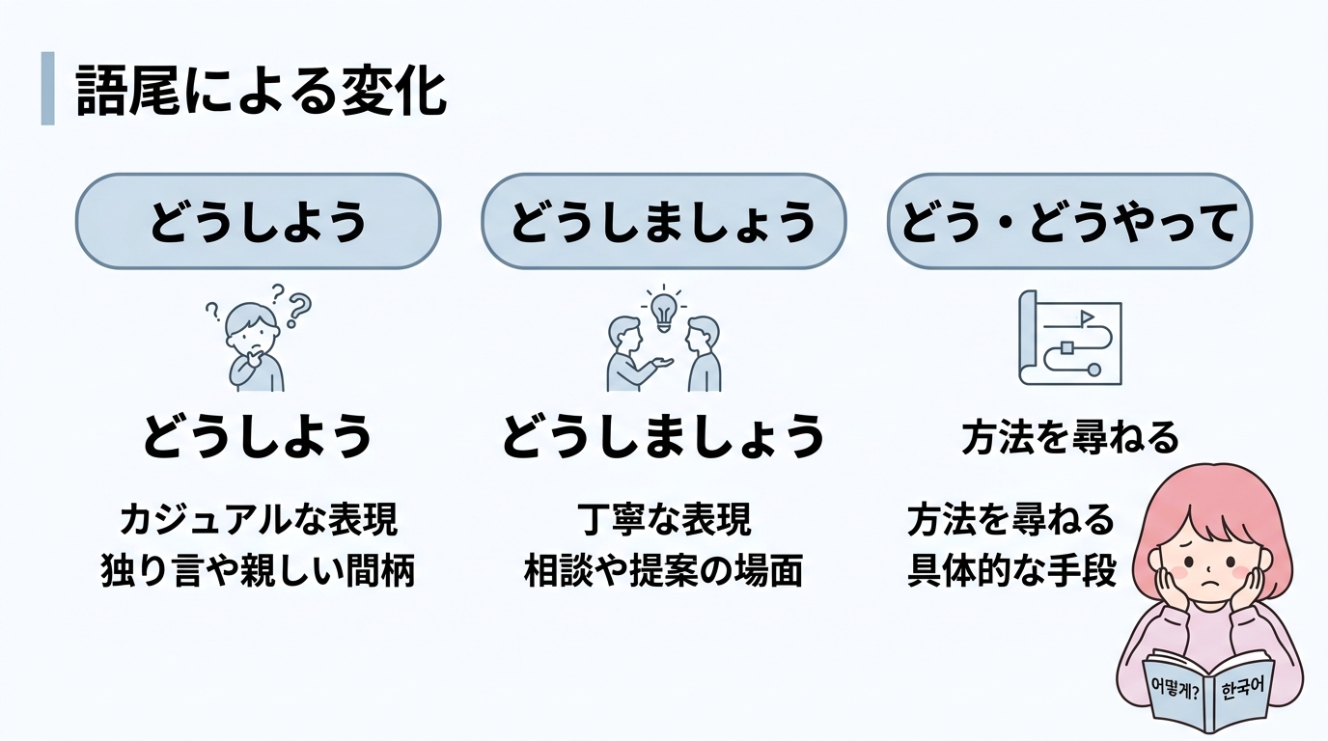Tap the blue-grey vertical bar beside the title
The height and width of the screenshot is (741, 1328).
coord(47,90)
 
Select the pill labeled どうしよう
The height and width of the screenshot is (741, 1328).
coord(258,222)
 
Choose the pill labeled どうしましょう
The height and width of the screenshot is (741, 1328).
coord(663,222)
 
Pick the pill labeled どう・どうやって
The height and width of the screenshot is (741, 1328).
coord(1069,222)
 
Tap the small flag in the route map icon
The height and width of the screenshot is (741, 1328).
coord(1086,316)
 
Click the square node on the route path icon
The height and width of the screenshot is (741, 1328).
coord(1067,347)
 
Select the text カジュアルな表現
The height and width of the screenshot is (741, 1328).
coord(258,521)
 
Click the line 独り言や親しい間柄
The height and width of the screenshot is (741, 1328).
coord(258,571)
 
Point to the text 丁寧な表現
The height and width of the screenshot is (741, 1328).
coord(662,521)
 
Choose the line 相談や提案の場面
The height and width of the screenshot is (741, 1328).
coord(662,571)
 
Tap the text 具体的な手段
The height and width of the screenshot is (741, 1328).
coord(1010,571)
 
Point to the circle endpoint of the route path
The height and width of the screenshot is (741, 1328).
coord(1093,370)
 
